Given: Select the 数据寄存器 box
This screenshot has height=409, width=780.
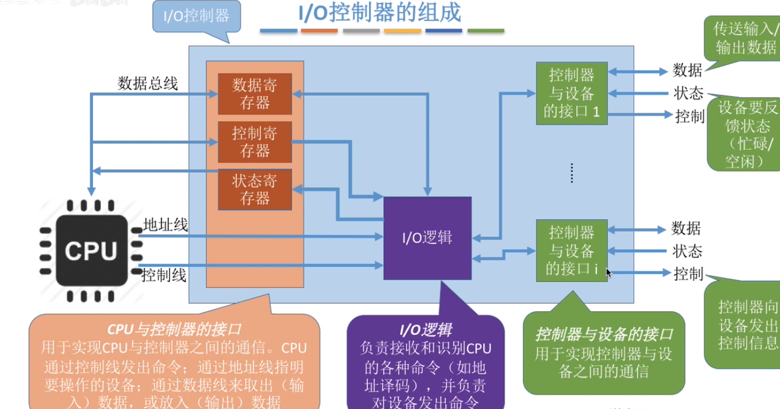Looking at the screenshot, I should click(255, 94).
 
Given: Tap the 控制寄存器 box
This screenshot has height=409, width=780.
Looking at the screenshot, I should click(255, 142).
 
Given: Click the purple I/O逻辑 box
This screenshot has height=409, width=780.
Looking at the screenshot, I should click(428, 238).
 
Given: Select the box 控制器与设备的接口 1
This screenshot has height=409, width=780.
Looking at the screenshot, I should click(572, 94).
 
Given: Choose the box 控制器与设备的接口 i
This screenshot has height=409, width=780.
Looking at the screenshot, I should click(572, 250).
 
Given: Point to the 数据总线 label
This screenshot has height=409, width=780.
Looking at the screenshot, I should click(147, 83).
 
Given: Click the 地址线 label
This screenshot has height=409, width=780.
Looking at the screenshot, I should click(166, 226).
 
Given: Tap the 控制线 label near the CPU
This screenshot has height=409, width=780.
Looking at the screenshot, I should click(165, 275).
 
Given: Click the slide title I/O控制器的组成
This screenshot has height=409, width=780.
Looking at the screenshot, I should click(378, 13).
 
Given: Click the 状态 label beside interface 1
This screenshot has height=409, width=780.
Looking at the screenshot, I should click(688, 94).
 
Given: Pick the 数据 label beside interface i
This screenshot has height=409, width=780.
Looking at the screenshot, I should click(686, 228).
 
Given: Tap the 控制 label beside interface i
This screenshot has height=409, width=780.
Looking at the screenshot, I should click(688, 273).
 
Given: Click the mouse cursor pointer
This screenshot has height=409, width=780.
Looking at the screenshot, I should click(608, 272).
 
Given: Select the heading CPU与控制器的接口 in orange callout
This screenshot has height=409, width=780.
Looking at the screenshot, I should click(174, 329).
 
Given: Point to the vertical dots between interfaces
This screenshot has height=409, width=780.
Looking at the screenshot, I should click(572, 172).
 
